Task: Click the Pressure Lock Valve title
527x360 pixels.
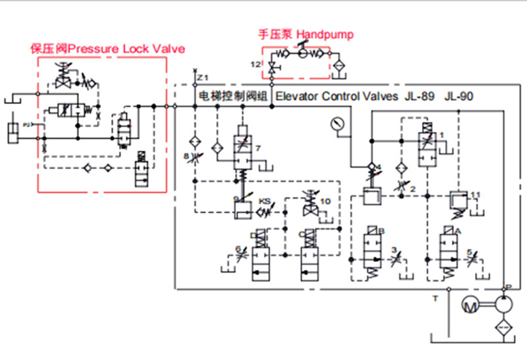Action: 108,49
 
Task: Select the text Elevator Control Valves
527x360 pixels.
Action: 336,96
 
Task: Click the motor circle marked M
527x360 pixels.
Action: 470,306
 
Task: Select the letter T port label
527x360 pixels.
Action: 435,298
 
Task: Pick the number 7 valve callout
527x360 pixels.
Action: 259,149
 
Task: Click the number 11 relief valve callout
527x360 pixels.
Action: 476,194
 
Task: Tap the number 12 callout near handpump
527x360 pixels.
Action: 254,63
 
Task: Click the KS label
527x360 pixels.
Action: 264,199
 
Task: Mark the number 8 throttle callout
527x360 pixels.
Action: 186,156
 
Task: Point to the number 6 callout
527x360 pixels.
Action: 238,249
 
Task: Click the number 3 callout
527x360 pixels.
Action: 394,249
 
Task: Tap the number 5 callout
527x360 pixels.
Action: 469,251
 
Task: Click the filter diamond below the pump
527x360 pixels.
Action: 503,328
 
